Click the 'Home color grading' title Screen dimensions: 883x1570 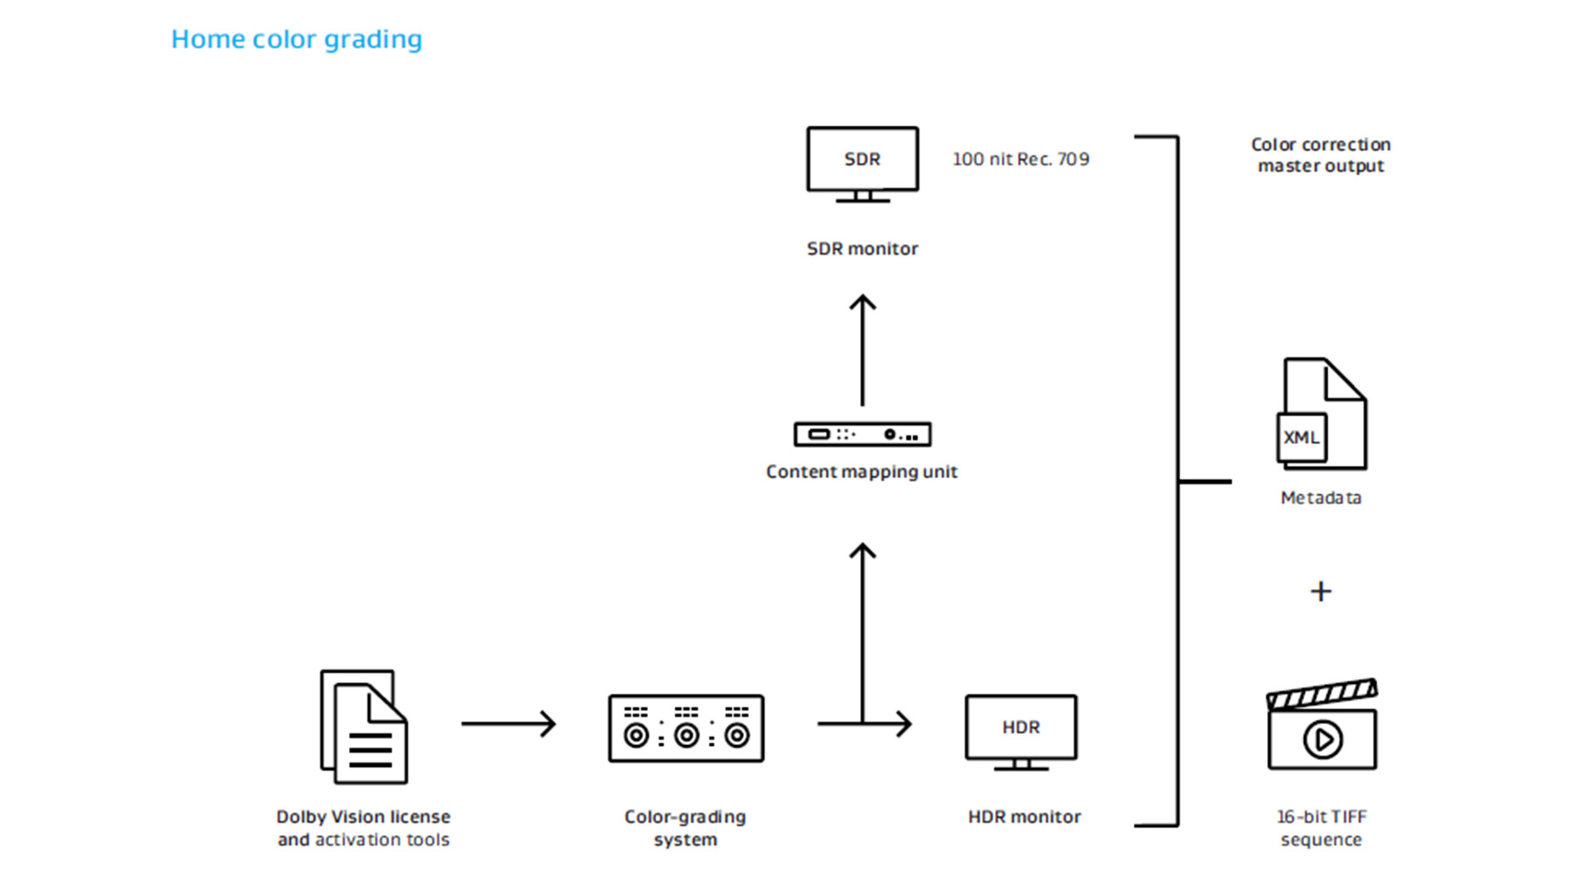[x=297, y=39]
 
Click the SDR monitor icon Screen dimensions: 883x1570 [x=862, y=164]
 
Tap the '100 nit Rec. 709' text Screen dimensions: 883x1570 [x=1020, y=160]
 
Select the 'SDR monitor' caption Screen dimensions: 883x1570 [x=862, y=249]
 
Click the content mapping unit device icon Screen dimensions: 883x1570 [x=862, y=434]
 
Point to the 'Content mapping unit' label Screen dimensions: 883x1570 [x=862, y=472]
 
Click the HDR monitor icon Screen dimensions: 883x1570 [x=1020, y=731]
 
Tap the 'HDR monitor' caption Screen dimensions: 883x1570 [x=1024, y=817]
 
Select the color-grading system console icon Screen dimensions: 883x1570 [x=686, y=729]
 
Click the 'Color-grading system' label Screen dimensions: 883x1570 [x=686, y=828]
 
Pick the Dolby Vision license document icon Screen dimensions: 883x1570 [x=364, y=726]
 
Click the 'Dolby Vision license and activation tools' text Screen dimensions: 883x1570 [x=364, y=828]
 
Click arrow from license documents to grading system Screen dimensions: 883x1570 [x=509, y=723]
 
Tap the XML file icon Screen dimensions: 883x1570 [x=1321, y=414]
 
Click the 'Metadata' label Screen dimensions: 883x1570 [x=1321, y=498]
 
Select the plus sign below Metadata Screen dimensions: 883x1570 [x=1321, y=592]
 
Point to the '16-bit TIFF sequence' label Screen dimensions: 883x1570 [x=1321, y=828]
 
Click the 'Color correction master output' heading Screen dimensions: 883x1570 [x=1321, y=155]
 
